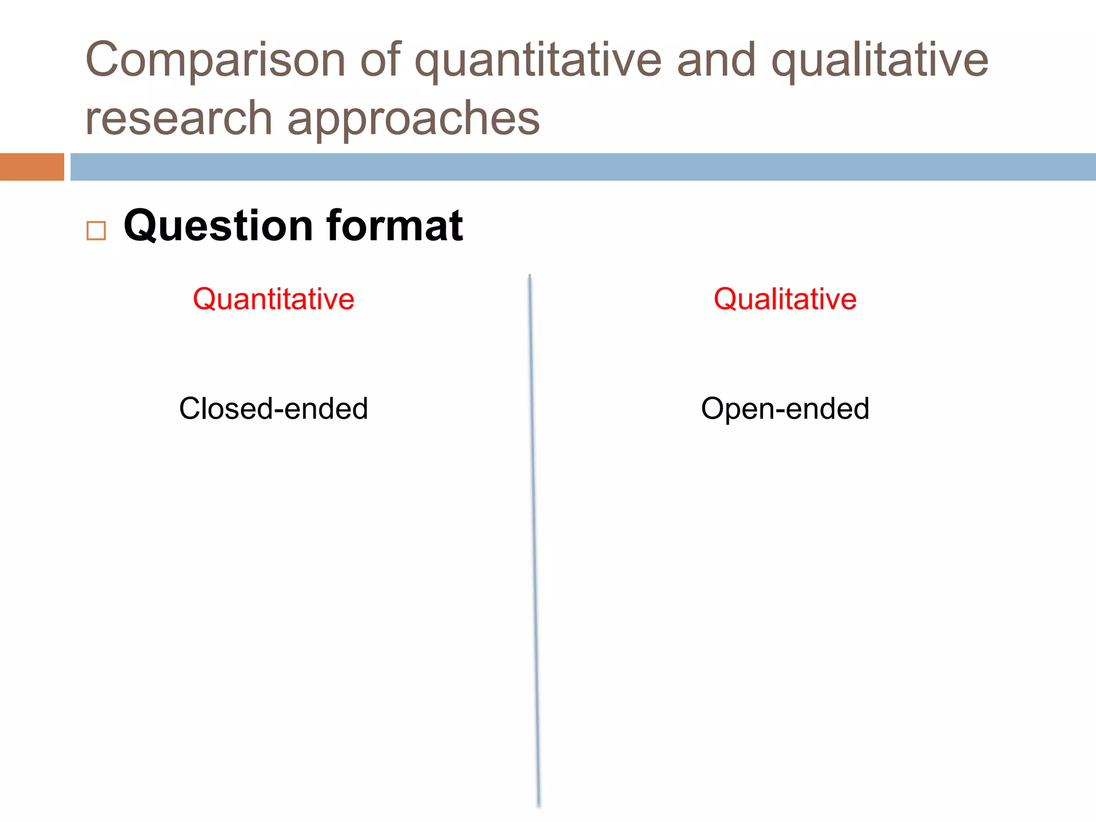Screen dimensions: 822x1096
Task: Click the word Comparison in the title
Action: coord(215,60)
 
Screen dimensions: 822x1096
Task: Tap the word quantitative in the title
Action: coord(538,60)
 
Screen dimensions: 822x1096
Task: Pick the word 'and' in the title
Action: coord(717,59)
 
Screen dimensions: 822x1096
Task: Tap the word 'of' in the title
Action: coord(380,59)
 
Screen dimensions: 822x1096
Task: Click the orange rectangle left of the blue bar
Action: coord(32,167)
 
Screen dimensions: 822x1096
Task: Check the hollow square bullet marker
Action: coord(96,231)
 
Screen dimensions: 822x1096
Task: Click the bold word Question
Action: coord(218,226)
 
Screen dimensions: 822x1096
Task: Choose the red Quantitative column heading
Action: coord(273,299)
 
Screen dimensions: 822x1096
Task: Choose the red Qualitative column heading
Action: coord(785,299)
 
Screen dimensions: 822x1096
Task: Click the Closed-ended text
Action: coord(273,409)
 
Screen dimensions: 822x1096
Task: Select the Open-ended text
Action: coord(785,409)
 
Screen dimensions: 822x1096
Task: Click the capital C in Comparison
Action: coord(103,59)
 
